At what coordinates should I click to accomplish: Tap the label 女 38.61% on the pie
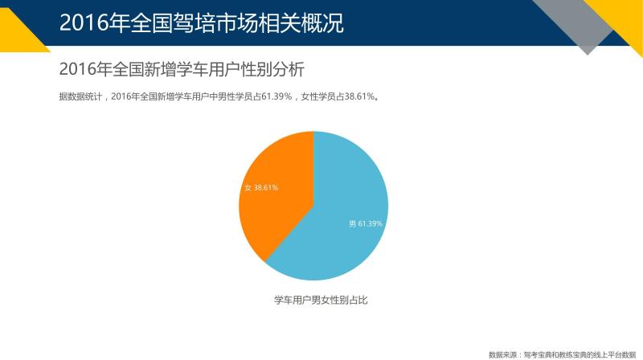coord(261,188)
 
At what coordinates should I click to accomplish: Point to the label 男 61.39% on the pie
coord(366,223)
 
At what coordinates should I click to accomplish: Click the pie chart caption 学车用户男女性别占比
coord(321,301)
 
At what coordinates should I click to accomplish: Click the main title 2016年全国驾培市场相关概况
coord(202,22)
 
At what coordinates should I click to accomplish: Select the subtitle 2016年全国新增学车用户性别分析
coord(182,69)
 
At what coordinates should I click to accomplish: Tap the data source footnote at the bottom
coord(562,354)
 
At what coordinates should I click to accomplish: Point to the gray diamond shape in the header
coord(582,25)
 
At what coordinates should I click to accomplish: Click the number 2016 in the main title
coord(84,23)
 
